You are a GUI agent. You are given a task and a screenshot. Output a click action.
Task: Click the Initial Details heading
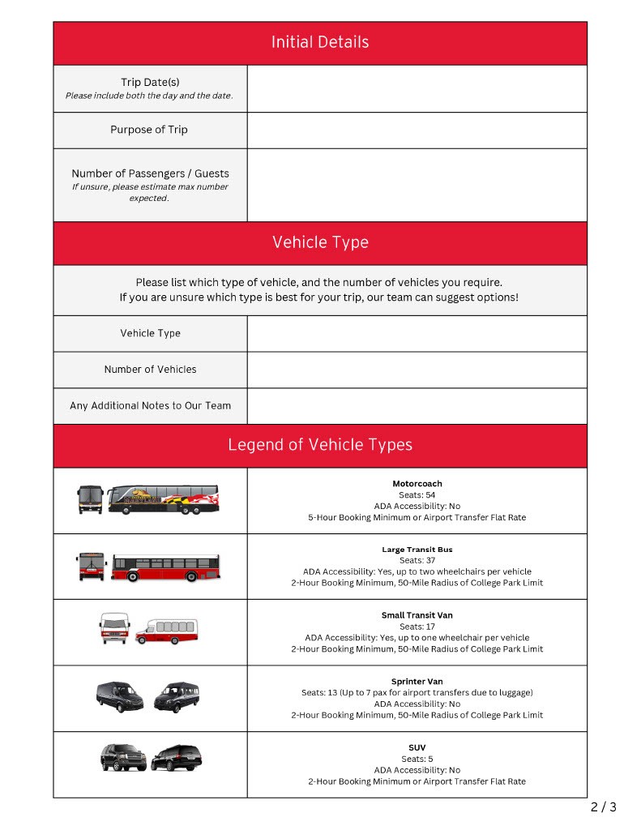tap(320, 42)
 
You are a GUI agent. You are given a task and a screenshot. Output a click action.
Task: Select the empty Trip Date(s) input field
tap(417, 88)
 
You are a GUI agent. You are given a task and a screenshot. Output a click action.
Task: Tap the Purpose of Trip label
tap(149, 130)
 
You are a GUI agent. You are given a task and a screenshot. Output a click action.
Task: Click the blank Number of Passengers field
tap(417, 185)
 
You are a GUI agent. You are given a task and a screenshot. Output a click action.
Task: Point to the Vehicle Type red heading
tap(320, 242)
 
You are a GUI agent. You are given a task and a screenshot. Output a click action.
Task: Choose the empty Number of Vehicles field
tap(417, 370)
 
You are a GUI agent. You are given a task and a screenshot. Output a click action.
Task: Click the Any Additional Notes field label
tap(150, 405)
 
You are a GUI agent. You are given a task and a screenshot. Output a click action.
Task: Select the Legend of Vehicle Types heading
tap(320, 445)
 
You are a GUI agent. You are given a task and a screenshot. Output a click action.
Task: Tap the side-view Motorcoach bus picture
tap(164, 499)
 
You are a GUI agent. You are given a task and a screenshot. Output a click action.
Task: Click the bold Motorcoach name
tap(417, 484)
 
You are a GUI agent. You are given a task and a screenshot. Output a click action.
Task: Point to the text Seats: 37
tap(417, 560)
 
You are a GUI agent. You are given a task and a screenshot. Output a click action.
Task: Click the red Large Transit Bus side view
tap(165, 567)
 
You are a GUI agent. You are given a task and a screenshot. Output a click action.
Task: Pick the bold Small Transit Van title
tap(417, 615)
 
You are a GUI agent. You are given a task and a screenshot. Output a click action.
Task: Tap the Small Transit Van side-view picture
tap(166, 631)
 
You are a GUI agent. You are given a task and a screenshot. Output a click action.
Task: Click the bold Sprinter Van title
tap(417, 682)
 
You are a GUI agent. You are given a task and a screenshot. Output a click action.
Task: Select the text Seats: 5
tap(417, 759)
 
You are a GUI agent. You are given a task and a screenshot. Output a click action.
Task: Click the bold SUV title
tap(417, 747)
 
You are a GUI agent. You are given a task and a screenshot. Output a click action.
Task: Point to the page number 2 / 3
tap(603, 807)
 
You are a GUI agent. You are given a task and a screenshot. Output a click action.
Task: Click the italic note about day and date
tap(149, 96)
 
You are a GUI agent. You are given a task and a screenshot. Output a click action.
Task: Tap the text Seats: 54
tap(417, 494)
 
